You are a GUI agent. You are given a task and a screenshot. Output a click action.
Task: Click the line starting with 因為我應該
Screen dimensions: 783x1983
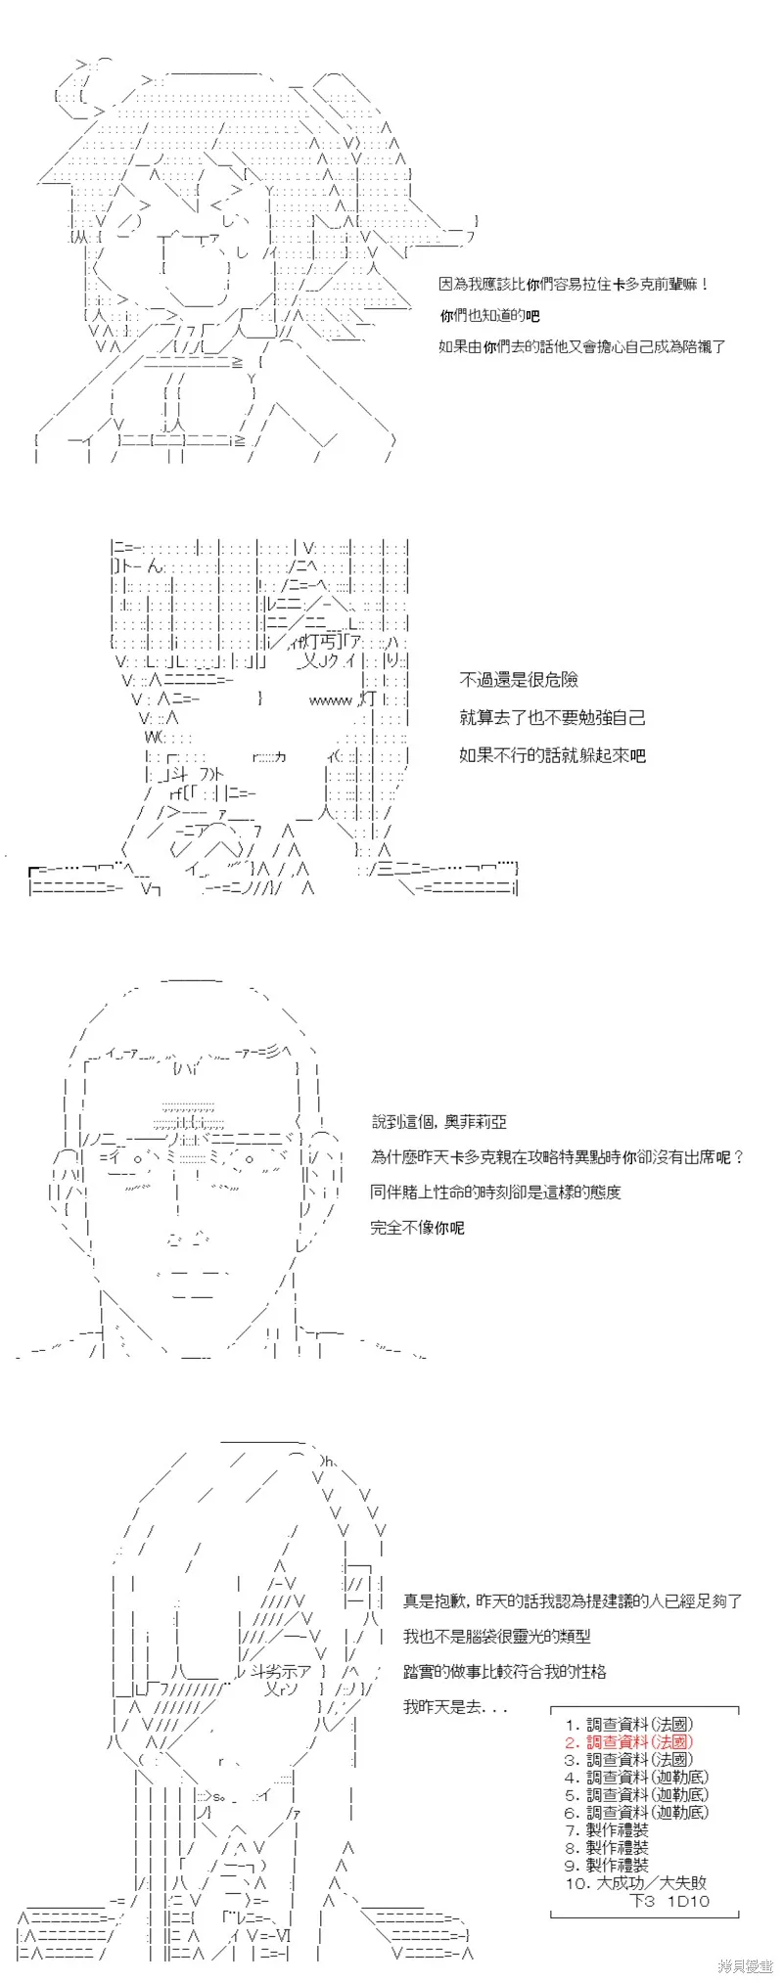point(574,285)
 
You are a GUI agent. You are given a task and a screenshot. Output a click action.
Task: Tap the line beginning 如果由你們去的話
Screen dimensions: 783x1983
point(582,346)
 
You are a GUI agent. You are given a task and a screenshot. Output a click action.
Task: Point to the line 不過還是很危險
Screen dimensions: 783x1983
point(519,680)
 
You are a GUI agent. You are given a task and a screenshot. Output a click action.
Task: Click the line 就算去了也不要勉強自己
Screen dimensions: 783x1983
point(553,718)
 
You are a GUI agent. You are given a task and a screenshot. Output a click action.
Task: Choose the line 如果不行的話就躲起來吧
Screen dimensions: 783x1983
point(553,755)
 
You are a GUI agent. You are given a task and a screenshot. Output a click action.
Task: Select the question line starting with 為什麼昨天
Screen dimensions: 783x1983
point(558,1157)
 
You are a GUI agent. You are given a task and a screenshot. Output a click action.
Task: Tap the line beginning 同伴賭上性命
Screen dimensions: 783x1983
point(496,1193)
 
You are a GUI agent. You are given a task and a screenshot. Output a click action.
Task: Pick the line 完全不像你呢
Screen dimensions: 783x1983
point(418,1228)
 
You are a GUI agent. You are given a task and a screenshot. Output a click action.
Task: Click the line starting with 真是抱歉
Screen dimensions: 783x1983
point(573,1601)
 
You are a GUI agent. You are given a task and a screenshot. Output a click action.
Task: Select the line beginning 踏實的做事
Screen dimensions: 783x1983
point(505,1672)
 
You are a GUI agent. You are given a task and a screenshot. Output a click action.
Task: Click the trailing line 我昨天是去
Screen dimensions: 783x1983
point(456,1707)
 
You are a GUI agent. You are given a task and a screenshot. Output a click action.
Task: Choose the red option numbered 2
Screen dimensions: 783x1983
point(628,1742)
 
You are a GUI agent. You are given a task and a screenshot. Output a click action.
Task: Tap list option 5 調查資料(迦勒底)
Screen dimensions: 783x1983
point(636,1795)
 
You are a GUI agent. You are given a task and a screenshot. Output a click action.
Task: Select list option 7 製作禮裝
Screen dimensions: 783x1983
point(607,1830)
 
